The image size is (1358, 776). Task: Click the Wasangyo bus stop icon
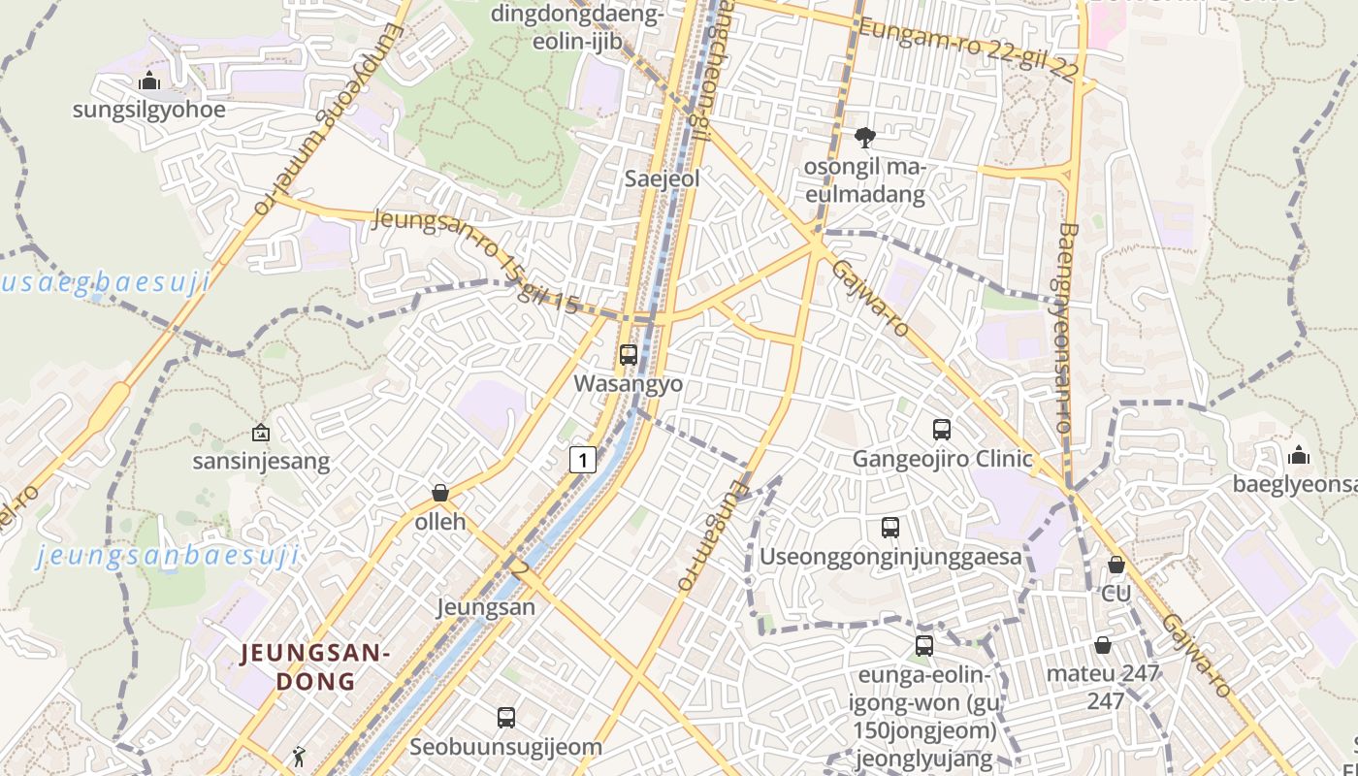click(629, 355)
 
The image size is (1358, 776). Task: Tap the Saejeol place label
click(663, 179)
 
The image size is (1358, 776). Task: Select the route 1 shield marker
click(582, 459)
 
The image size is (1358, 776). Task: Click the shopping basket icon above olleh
click(440, 493)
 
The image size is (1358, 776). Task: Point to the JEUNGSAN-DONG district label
click(315, 666)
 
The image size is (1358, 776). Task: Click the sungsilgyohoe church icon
click(149, 81)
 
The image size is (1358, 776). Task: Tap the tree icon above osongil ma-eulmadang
click(863, 138)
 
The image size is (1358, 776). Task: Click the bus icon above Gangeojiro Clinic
click(941, 429)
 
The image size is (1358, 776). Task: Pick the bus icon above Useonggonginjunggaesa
click(890, 528)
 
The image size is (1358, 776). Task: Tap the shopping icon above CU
click(1116, 564)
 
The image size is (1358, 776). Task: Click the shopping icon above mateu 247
click(1103, 645)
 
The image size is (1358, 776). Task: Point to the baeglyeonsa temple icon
click(1298, 455)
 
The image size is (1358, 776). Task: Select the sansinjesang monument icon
click(260, 433)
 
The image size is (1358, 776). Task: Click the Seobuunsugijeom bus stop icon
click(505, 718)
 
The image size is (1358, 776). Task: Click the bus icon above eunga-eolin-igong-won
click(924, 645)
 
